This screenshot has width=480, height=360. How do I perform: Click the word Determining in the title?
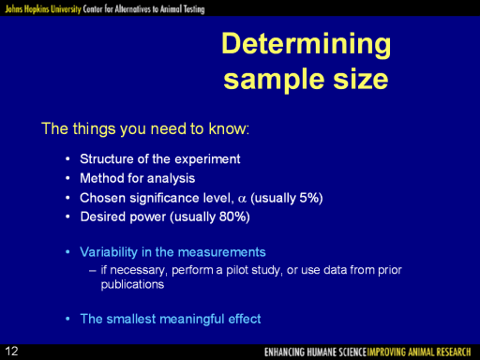pyautogui.click(x=306, y=44)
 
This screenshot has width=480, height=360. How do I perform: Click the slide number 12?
pyautogui.click(x=11, y=352)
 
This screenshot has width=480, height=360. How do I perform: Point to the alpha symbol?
pyautogui.click(x=242, y=199)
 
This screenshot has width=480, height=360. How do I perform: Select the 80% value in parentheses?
pyautogui.click(x=232, y=217)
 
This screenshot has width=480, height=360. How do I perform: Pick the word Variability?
pyautogui.click(x=109, y=252)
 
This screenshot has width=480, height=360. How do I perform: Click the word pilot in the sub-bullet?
pyautogui.click(x=236, y=270)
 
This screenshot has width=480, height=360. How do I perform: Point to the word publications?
pyautogui.click(x=132, y=285)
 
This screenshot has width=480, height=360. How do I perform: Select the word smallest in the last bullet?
pyautogui.click(x=131, y=319)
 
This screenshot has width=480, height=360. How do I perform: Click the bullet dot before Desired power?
pyautogui.click(x=67, y=217)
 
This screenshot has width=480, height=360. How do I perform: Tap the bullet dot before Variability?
pyautogui.click(x=67, y=252)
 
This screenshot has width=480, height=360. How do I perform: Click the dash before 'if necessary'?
pyautogui.click(x=92, y=271)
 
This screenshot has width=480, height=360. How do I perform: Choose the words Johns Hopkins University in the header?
pyautogui.click(x=43, y=8)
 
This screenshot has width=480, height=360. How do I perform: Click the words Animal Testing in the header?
pyautogui.click(x=182, y=8)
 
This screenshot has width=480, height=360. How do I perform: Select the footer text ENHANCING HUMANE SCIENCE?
pyautogui.click(x=315, y=352)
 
